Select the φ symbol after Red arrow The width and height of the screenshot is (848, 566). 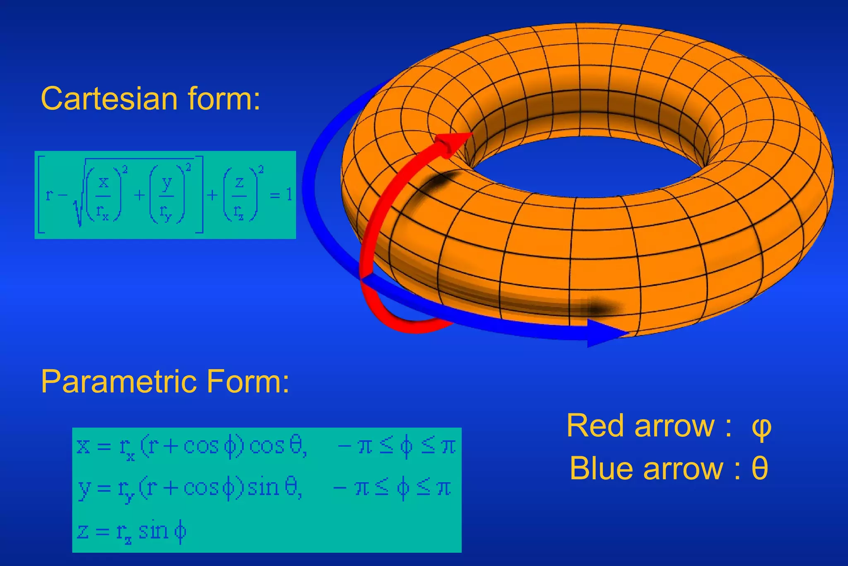point(761,427)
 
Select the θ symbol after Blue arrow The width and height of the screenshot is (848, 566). point(760,469)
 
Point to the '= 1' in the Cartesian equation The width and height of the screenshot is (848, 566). point(281,194)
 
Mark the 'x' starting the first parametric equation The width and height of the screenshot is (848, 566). point(83,446)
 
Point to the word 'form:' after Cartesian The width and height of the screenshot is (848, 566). point(224,99)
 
